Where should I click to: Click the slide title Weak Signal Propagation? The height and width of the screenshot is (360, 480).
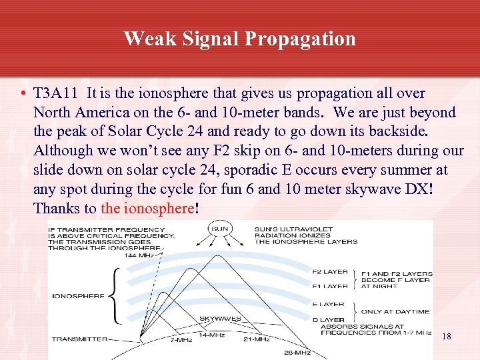(239, 38)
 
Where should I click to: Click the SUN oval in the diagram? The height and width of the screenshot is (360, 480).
(219, 229)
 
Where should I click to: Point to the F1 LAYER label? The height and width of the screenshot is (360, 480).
(331, 286)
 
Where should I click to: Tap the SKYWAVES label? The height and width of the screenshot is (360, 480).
(220, 319)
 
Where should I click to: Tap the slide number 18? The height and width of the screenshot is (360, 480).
(447, 337)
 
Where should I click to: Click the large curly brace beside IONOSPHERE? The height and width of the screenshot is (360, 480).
(116, 295)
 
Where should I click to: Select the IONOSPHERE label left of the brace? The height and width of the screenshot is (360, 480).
(77, 295)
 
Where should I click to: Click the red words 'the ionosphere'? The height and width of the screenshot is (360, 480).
(147, 208)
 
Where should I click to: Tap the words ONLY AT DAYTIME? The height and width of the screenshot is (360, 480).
(395, 311)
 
